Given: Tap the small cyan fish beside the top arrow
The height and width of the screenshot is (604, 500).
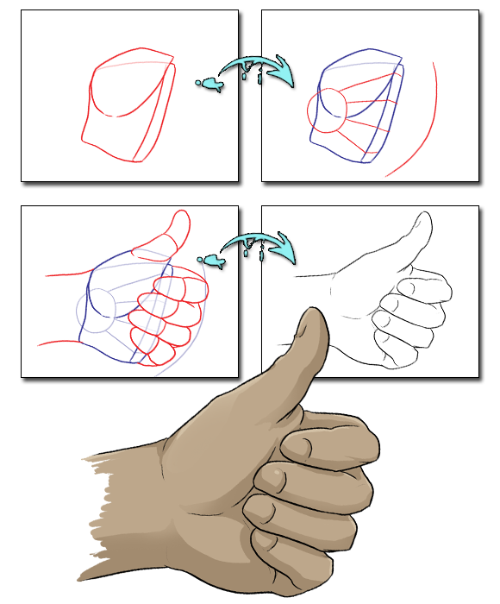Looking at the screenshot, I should [x=209, y=84].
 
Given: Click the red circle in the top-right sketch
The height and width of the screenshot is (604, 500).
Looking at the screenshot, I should [x=327, y=113].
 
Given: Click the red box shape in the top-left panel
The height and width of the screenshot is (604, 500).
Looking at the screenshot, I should [x=129, y=108].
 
